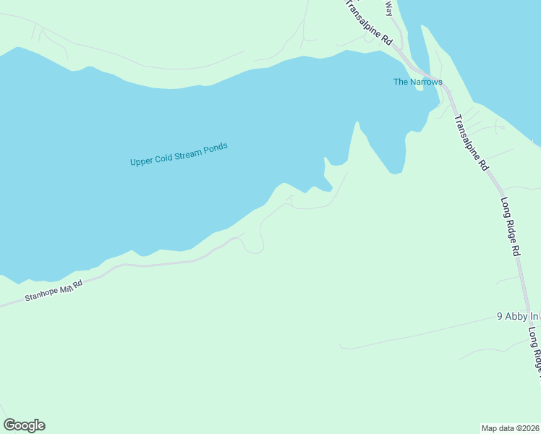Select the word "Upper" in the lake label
[141, 161]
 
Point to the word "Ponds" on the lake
[216, 148]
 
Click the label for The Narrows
[417, 82]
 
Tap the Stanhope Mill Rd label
[54, 290]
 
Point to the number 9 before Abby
[500, 317]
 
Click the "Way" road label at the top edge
[388, 8]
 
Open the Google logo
[24, 425]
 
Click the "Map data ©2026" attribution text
[511, 427]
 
